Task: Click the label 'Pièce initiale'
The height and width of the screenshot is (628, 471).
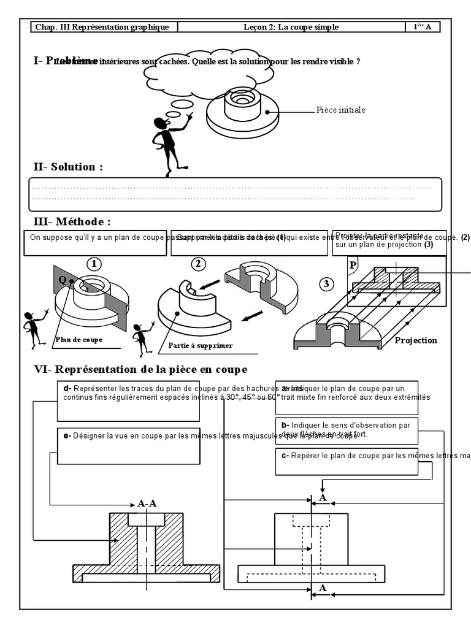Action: (341, 110)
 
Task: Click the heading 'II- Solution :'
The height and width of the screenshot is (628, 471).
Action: (68, 167)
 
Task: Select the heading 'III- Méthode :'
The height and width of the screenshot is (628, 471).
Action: (73, 221)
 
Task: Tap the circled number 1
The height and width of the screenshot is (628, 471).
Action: (94, 264)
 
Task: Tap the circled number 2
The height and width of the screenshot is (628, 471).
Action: (199, 264)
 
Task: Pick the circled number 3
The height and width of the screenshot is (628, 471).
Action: (327, 284)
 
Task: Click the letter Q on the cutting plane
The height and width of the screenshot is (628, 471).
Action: (62, 279)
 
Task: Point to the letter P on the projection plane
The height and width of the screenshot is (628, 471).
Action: (353, 265)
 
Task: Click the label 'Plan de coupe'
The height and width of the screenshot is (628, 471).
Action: (79, 339)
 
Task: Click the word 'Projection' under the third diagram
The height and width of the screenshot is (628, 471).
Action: (416, 340)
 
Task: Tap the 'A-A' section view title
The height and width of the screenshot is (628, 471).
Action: (147, 504)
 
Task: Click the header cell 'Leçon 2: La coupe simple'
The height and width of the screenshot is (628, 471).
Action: (291, 27)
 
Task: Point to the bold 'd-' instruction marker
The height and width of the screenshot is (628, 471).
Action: (67, 388)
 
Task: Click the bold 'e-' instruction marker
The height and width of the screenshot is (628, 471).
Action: (67, 436)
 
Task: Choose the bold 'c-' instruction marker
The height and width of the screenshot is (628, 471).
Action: (285, 456)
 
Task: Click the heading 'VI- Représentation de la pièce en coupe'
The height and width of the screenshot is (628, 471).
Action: (140, 369)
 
